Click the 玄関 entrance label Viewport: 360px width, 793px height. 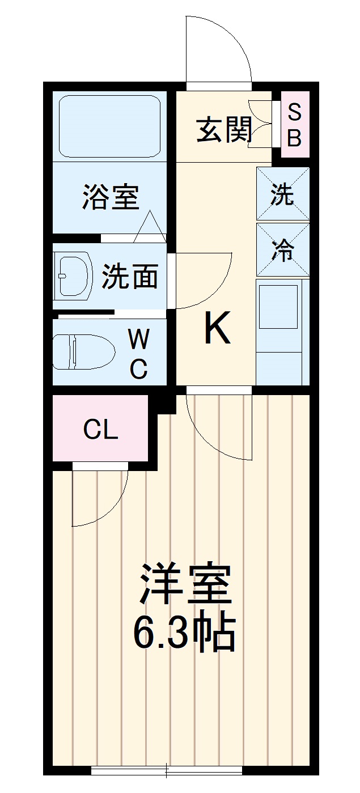coord(225,131)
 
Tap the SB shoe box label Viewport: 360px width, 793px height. coord(294,125)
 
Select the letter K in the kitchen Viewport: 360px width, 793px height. coord(217,329)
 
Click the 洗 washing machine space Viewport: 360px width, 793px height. coord(282,194)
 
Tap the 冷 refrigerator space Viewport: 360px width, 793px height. coord(282,249)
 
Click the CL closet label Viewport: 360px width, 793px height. coord(100,430)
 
